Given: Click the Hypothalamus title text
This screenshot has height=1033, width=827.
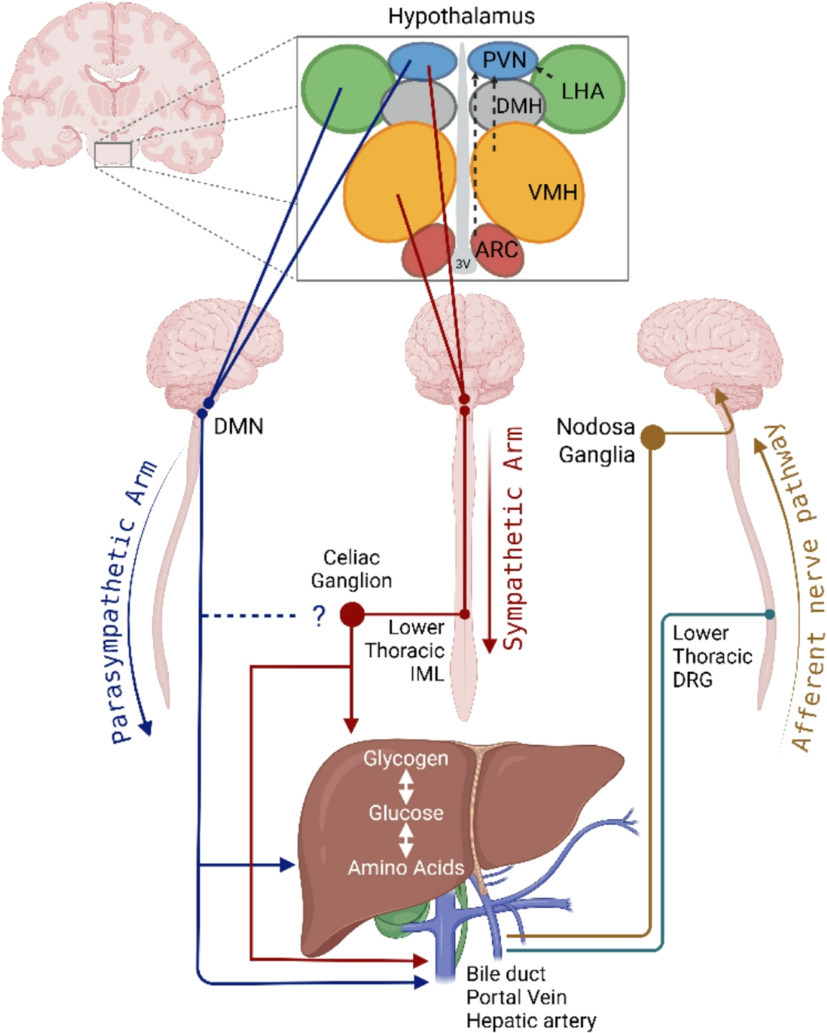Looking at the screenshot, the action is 461,17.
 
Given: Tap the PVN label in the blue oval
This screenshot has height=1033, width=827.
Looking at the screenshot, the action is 504,61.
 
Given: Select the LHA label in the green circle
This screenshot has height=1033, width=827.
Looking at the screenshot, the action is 582,91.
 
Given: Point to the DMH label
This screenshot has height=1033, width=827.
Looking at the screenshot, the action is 519,106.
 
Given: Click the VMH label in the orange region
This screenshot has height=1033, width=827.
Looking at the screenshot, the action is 553,193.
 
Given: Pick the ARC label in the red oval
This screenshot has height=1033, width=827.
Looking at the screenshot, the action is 497,249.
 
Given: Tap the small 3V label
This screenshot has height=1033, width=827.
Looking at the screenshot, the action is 462,264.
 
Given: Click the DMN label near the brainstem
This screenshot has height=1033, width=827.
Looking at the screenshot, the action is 238,426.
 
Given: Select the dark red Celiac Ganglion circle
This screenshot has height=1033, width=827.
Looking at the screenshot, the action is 352,614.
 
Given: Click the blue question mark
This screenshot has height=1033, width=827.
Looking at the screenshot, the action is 319,616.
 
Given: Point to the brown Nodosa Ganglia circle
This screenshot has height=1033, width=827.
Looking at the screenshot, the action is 653,437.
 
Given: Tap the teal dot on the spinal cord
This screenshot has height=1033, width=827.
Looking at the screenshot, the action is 770,614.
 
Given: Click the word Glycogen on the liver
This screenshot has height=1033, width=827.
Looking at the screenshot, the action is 405,758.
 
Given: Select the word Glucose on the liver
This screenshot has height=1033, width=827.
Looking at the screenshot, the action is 406,813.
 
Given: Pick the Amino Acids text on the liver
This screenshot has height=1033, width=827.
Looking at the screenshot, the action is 406,868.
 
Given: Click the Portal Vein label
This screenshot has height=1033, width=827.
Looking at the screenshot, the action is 517,997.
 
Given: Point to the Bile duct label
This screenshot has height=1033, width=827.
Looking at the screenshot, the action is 506,974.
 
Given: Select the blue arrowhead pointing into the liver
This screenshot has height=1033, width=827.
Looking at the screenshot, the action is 287,865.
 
